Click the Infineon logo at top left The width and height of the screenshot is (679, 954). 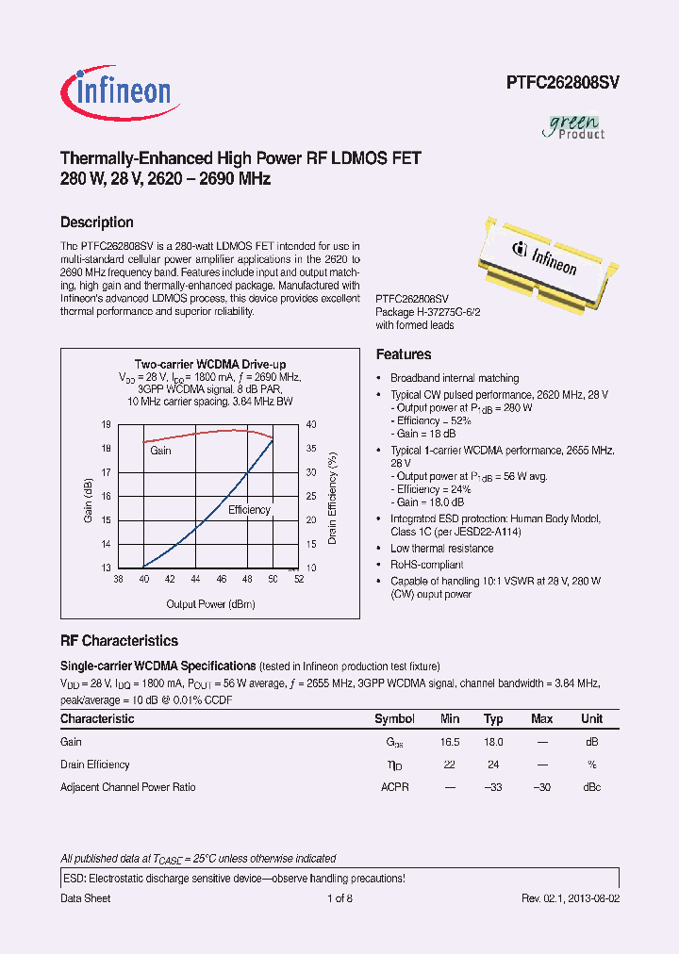[116, 90]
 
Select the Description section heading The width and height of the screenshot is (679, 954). [96, 222]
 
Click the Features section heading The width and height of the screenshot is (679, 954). [404, 354]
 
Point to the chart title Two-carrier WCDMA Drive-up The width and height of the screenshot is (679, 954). [209, 364]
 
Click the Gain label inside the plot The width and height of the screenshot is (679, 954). [160, 451]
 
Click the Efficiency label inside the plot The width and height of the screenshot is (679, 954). [249, 510]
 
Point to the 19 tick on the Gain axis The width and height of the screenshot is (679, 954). [107, 425]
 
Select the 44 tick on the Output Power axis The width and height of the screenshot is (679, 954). [195, 580]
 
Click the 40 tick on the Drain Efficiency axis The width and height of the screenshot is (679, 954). [310, 425]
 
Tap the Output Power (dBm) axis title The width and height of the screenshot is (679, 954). [210, 603]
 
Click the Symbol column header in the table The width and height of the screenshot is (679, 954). [394, 719]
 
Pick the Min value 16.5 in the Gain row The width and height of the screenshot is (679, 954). [450, 742]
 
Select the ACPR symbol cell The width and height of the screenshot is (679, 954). [394, 787]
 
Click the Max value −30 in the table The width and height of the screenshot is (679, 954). [541, 787]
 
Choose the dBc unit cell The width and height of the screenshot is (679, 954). [591, 787]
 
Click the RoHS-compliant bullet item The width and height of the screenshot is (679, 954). [427, 565]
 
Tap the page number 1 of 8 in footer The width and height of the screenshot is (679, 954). [339, 898]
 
